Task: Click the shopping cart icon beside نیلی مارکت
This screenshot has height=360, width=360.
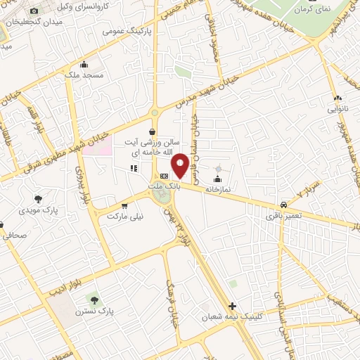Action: [124, 206]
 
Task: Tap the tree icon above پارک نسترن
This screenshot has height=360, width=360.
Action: [94, 300]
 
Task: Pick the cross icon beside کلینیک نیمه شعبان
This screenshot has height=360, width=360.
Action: [233, 305]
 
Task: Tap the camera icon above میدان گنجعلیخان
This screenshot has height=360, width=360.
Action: [34, 11]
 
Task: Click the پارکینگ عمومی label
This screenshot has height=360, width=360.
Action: [124, 32]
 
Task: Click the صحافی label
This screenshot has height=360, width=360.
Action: [15, 236]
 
